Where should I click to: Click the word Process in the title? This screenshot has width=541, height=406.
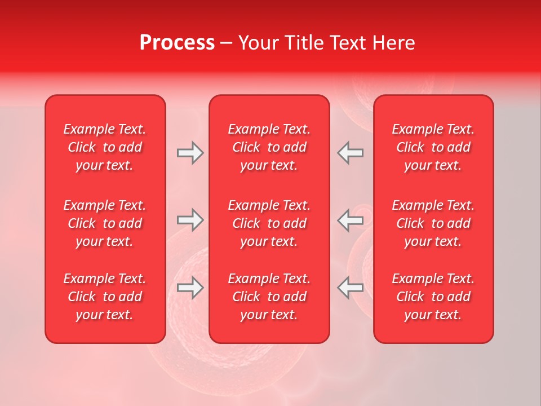point(177,43)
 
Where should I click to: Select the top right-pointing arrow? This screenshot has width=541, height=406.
point(190,153)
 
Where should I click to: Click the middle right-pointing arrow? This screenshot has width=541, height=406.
point(190,220)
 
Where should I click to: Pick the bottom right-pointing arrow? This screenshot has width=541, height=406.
point(190,288)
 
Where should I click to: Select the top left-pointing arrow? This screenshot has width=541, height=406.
point(350,153)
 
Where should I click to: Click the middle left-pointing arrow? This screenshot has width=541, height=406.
point(350,220)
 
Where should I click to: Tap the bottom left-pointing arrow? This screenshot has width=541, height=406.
point(350,288)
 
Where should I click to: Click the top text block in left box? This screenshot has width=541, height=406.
point(105,147)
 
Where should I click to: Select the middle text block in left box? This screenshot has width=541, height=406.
point(105,223)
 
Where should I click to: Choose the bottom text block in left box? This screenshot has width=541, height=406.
point(105,297)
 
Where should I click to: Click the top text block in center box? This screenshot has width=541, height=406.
point(269,147)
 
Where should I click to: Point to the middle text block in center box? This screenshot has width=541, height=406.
point(269,223)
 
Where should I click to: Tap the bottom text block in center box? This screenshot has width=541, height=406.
point(269,297)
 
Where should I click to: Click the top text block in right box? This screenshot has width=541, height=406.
point(433,147)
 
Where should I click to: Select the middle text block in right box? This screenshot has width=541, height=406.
point(433,223)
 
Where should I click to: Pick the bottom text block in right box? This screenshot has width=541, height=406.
point(433,297)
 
